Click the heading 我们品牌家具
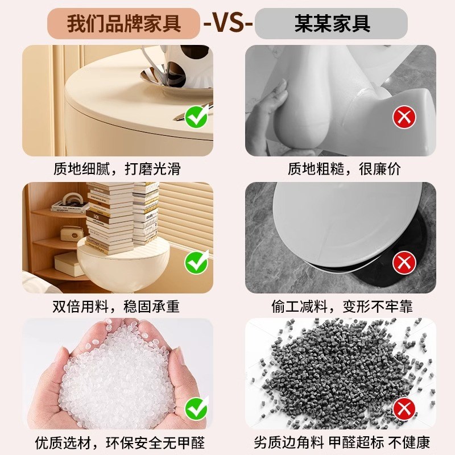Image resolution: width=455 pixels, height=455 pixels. [123, 24]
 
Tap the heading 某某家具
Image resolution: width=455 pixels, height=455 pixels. [332, 24]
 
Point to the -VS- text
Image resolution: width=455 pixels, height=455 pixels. [228, 24]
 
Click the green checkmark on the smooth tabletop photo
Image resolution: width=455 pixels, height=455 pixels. [197, 118]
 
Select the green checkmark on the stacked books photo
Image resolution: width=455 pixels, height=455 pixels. [197, 263]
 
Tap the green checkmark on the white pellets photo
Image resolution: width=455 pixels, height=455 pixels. [197, 407]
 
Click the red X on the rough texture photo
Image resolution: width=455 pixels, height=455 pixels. [404, 118]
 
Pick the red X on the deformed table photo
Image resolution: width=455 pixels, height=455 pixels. [404, 263]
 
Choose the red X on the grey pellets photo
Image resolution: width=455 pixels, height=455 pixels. [404, 407]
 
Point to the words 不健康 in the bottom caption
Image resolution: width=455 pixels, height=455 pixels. [408, 441]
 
